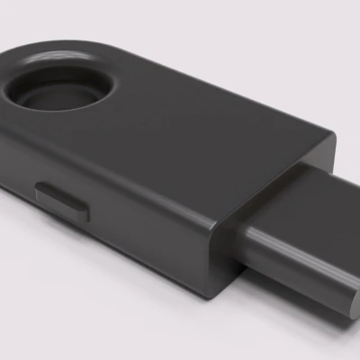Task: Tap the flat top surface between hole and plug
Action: (x=198, y=135)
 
